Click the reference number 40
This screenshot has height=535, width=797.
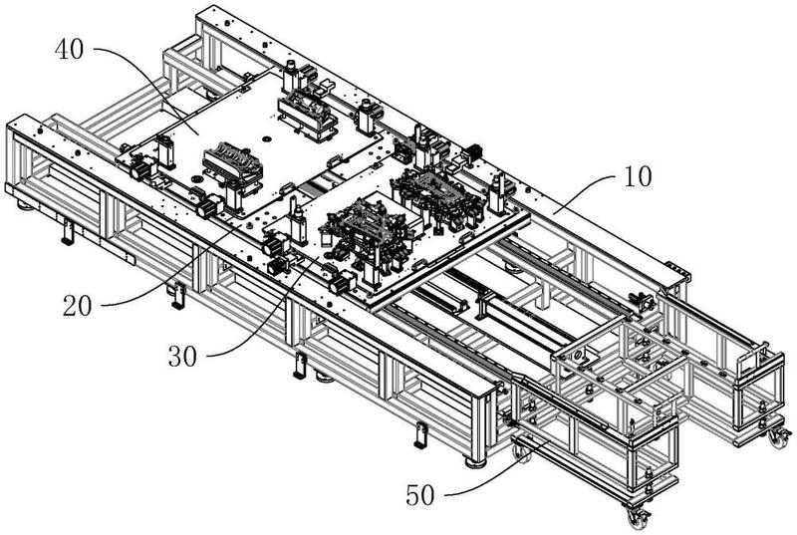click(x=70, y=50)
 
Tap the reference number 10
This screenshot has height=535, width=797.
click(x=637, y=176)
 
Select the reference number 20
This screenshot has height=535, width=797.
click(x=78, y=306)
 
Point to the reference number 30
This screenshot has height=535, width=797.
click(x=182, y=356)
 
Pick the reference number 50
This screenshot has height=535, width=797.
click(x=420, y=496)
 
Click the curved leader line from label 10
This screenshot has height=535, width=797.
click(x=585, y=189)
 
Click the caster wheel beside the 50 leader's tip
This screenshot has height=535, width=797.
click(x=522, y=452)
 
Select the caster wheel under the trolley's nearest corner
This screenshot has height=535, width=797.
click(x=638, y=517)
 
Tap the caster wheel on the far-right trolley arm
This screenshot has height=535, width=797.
click(x=779, y=437)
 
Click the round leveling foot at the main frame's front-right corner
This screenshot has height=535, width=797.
click(x=474, y=462)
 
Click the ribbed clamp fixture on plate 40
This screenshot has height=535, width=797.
click(x=233, y=163)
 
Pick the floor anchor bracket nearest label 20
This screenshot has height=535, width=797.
click(x=177, y=296)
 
